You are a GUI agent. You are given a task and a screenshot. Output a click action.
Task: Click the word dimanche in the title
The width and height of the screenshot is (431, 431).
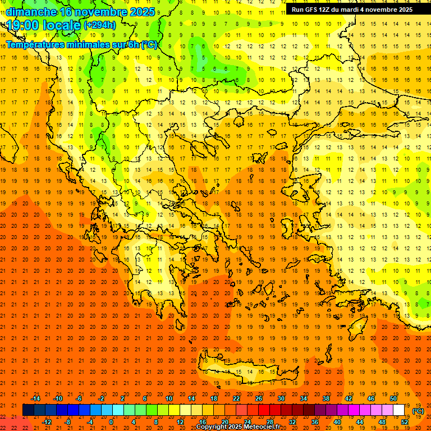tap(31, 12)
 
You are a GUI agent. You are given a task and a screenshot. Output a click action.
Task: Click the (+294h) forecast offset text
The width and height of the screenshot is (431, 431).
tap(100, 25)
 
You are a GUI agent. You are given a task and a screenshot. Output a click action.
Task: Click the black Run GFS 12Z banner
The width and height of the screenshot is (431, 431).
tap(352, 9)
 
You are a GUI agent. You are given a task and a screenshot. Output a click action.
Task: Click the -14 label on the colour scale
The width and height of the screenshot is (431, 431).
tap(35, 398)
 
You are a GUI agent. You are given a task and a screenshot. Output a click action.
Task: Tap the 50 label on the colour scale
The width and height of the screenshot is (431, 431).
tap(393, 398)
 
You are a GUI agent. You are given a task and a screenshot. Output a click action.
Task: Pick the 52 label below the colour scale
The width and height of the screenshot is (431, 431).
tap(405, 422)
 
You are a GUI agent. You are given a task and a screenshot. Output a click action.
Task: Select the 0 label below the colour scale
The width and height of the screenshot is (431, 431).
tap(111, 422)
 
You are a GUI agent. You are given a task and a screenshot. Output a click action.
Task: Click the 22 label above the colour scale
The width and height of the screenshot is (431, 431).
tap(236, 398)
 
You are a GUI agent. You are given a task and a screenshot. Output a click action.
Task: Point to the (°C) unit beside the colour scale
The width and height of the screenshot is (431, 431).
tap(418, 411)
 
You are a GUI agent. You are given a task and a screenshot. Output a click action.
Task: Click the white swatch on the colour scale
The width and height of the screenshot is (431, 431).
tap(399, 410)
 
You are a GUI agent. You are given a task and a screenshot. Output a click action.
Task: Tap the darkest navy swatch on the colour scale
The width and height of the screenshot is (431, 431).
tap(28, 410)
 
